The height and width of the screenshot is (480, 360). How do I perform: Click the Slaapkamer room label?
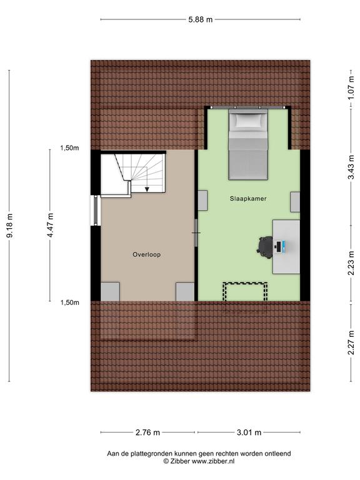point(248,199)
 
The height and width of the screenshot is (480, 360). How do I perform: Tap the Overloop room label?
point(147,254)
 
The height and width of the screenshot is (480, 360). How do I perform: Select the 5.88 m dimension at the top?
point(200,19)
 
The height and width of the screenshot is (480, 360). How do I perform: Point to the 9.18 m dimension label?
point(10,226)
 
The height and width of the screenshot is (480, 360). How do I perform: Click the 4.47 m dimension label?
point(51,225)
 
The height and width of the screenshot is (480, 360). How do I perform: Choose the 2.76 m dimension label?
point(147,432)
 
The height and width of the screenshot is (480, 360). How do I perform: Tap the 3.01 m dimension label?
point(249,432)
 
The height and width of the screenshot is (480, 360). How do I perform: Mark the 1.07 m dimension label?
point(351,88)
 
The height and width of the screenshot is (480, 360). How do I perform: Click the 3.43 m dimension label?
point(351,167)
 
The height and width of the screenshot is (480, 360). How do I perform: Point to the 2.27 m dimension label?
point(351,342)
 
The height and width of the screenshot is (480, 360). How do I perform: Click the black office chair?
point(265,247)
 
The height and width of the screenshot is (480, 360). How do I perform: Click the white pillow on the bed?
point(248,121)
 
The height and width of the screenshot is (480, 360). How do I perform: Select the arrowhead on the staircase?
point(147,189)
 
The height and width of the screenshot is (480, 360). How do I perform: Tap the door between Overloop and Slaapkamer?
point(196,233)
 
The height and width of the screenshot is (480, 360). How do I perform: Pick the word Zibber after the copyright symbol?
point(180,461)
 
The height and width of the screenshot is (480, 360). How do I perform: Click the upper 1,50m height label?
point(69,148)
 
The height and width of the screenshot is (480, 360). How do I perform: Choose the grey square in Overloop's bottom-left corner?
point(110,291)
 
